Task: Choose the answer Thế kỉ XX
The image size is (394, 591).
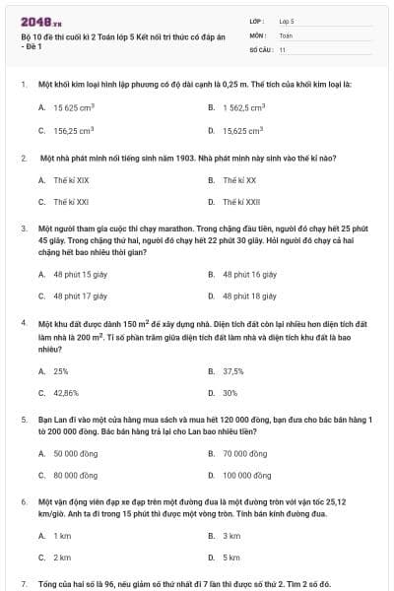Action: point(239,180)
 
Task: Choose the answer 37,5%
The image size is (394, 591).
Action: point(233,371)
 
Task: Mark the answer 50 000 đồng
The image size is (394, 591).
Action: point(73,454)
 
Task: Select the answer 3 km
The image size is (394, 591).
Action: point(231,536)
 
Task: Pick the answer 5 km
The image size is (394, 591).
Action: point(231,558)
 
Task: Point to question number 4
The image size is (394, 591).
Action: point(23,323)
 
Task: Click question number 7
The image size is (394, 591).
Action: point(23,584)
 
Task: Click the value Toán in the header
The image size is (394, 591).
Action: point(286,34)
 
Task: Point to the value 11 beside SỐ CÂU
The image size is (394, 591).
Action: point(283,48)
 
